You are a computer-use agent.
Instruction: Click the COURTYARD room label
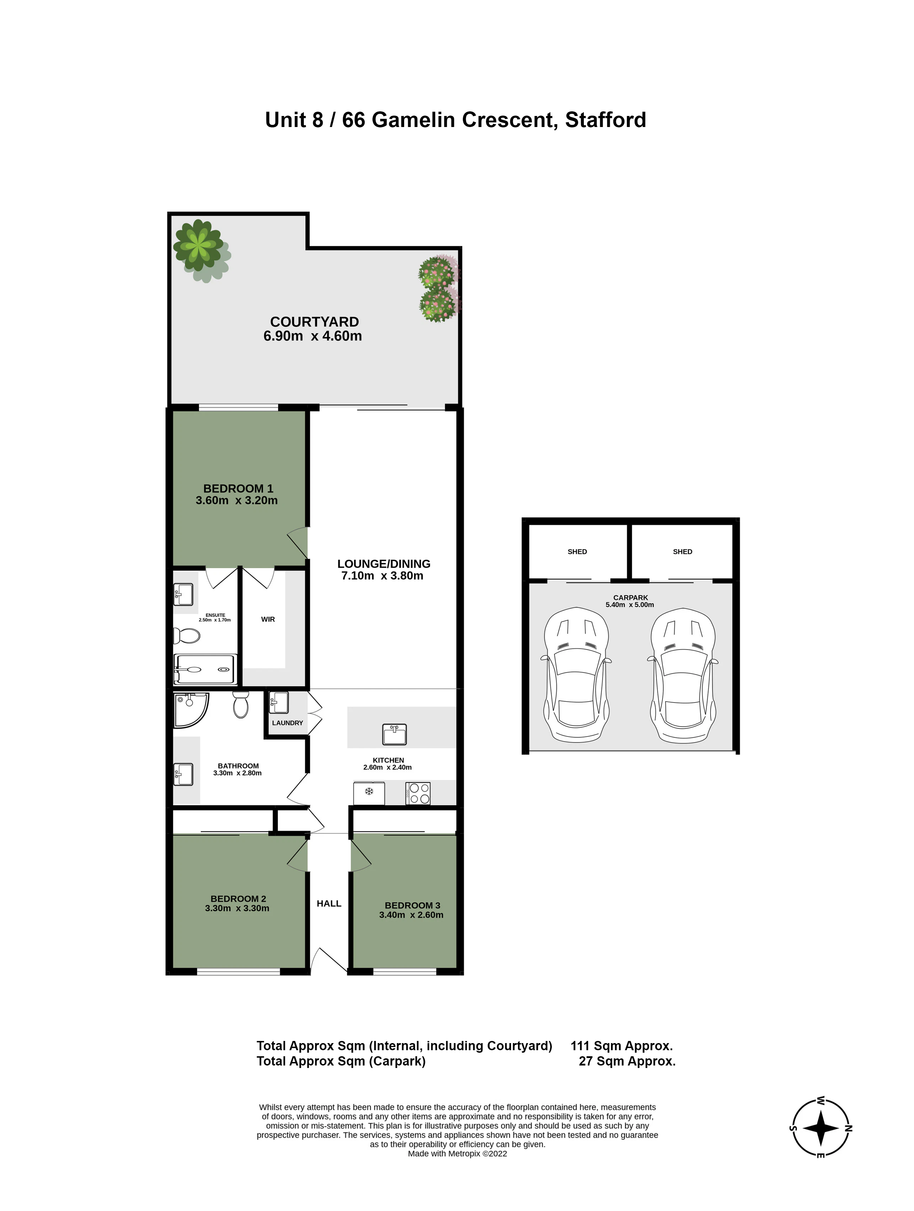(x=315, y=322)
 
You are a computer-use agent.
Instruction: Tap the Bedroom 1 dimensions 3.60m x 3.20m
(x=237, y=501)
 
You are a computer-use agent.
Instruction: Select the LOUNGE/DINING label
(x=384, y=564)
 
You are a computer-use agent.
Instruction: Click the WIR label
(x=268, y=619)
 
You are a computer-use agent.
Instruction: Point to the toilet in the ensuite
(x=187, y=636)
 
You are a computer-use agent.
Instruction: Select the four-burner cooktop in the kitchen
(x=418, y=793)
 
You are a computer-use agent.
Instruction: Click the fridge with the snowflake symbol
(x=369, y=793)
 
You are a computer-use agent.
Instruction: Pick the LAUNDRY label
(x=287, y=723)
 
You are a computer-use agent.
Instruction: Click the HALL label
(x=329, y=903)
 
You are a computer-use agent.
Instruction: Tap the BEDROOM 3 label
(x=412, y=905)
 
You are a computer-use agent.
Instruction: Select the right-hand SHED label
(x=682, y=551)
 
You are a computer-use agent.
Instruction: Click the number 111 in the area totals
(x=581, y=1046)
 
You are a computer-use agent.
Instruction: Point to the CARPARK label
(x=630, y=597)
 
